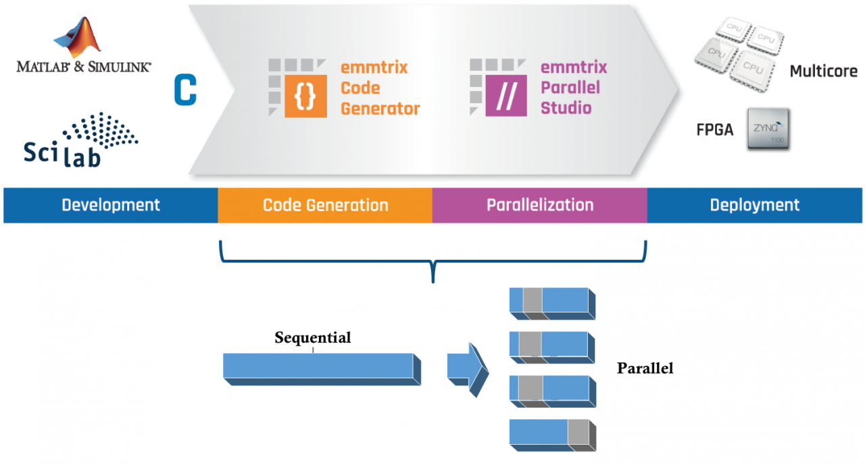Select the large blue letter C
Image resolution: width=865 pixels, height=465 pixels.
185,90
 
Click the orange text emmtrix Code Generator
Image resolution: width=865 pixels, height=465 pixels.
379,88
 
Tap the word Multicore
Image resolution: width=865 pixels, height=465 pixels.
823,71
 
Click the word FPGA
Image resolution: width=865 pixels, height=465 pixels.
714,130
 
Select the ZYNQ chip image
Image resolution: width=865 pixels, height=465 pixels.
768,128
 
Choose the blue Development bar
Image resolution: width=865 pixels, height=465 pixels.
110,205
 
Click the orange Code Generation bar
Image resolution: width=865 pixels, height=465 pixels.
325,205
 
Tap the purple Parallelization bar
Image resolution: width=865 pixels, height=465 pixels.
539,205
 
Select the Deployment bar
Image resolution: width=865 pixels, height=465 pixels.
754,205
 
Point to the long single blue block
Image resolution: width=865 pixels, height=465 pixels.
322,368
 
